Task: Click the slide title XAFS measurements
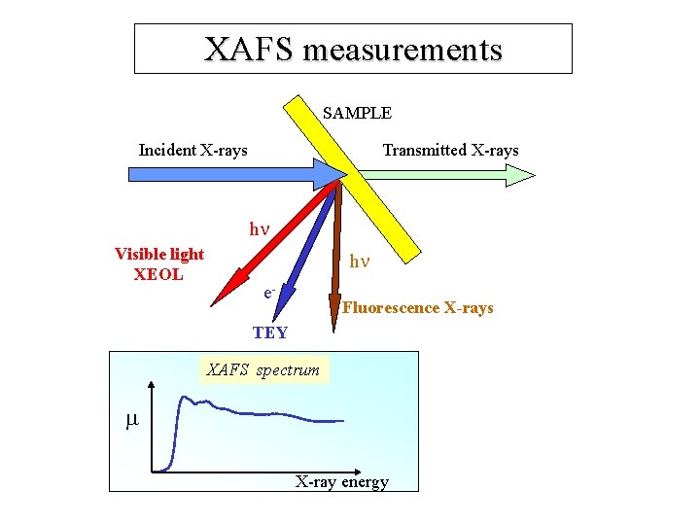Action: pyautogui.click(x=353, y=49)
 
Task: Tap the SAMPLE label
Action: pyautogui.click(x=357, y=113)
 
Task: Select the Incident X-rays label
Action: pyautogui.click(x=192, y=150)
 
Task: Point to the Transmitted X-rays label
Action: pyautogui.click(x=450, y=150)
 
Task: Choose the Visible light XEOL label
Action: pyautogui.click(x=158, y=263)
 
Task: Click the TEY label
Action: pyautogui.click(x=269, y=332)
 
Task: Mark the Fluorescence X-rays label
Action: pyautogui.click(x=417, y=308)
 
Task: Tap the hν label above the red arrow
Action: pyautogui.click(x=258, y=230)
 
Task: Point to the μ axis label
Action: pyautogui.click(x=132, y=420)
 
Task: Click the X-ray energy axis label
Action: pyautogui.click(x=341, y=481)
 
